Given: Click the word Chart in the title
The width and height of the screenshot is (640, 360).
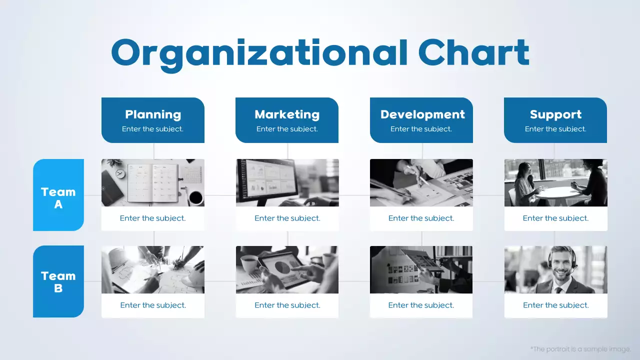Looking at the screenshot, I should point(473,52).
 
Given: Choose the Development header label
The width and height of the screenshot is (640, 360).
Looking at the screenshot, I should point(422,114).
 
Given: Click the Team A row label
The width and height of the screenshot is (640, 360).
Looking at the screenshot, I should point(58,197).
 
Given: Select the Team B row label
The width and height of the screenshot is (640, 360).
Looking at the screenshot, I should point(58,281).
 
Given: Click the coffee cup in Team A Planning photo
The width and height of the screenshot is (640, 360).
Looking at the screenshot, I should point(195,197).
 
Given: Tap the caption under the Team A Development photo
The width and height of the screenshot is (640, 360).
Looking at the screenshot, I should point(421,218).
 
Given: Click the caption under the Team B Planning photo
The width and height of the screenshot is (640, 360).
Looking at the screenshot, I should point(153,305).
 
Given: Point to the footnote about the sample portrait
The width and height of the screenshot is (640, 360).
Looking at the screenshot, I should point(580,349).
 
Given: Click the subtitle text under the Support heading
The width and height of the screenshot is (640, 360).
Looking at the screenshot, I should point(555,129).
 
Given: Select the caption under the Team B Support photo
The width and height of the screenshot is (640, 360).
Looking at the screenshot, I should point(555,305).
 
